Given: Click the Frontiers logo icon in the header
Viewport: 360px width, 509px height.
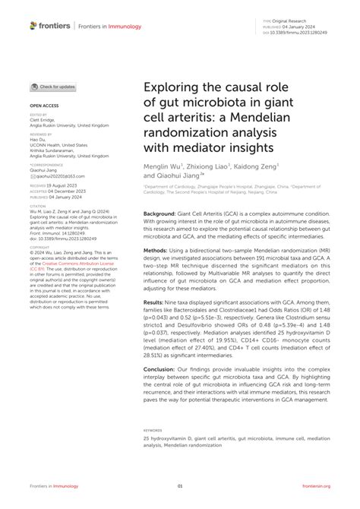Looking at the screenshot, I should tap(34, 26).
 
